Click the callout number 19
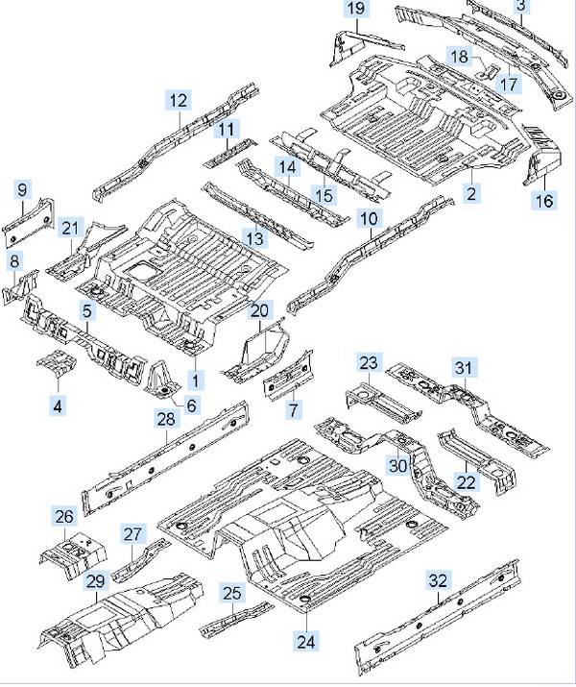click(356, 10)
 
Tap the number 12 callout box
click(180, 100)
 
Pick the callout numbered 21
click(70, 228)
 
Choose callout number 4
click(59, 406)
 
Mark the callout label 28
click(166, 418)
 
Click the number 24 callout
click(305, 642)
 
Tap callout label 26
click(63, 518)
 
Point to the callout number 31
click(465, 367)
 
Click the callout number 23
click(371, 363)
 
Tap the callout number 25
click(231, 593)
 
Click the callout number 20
click(260, 310)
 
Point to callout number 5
click(86, 311)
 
